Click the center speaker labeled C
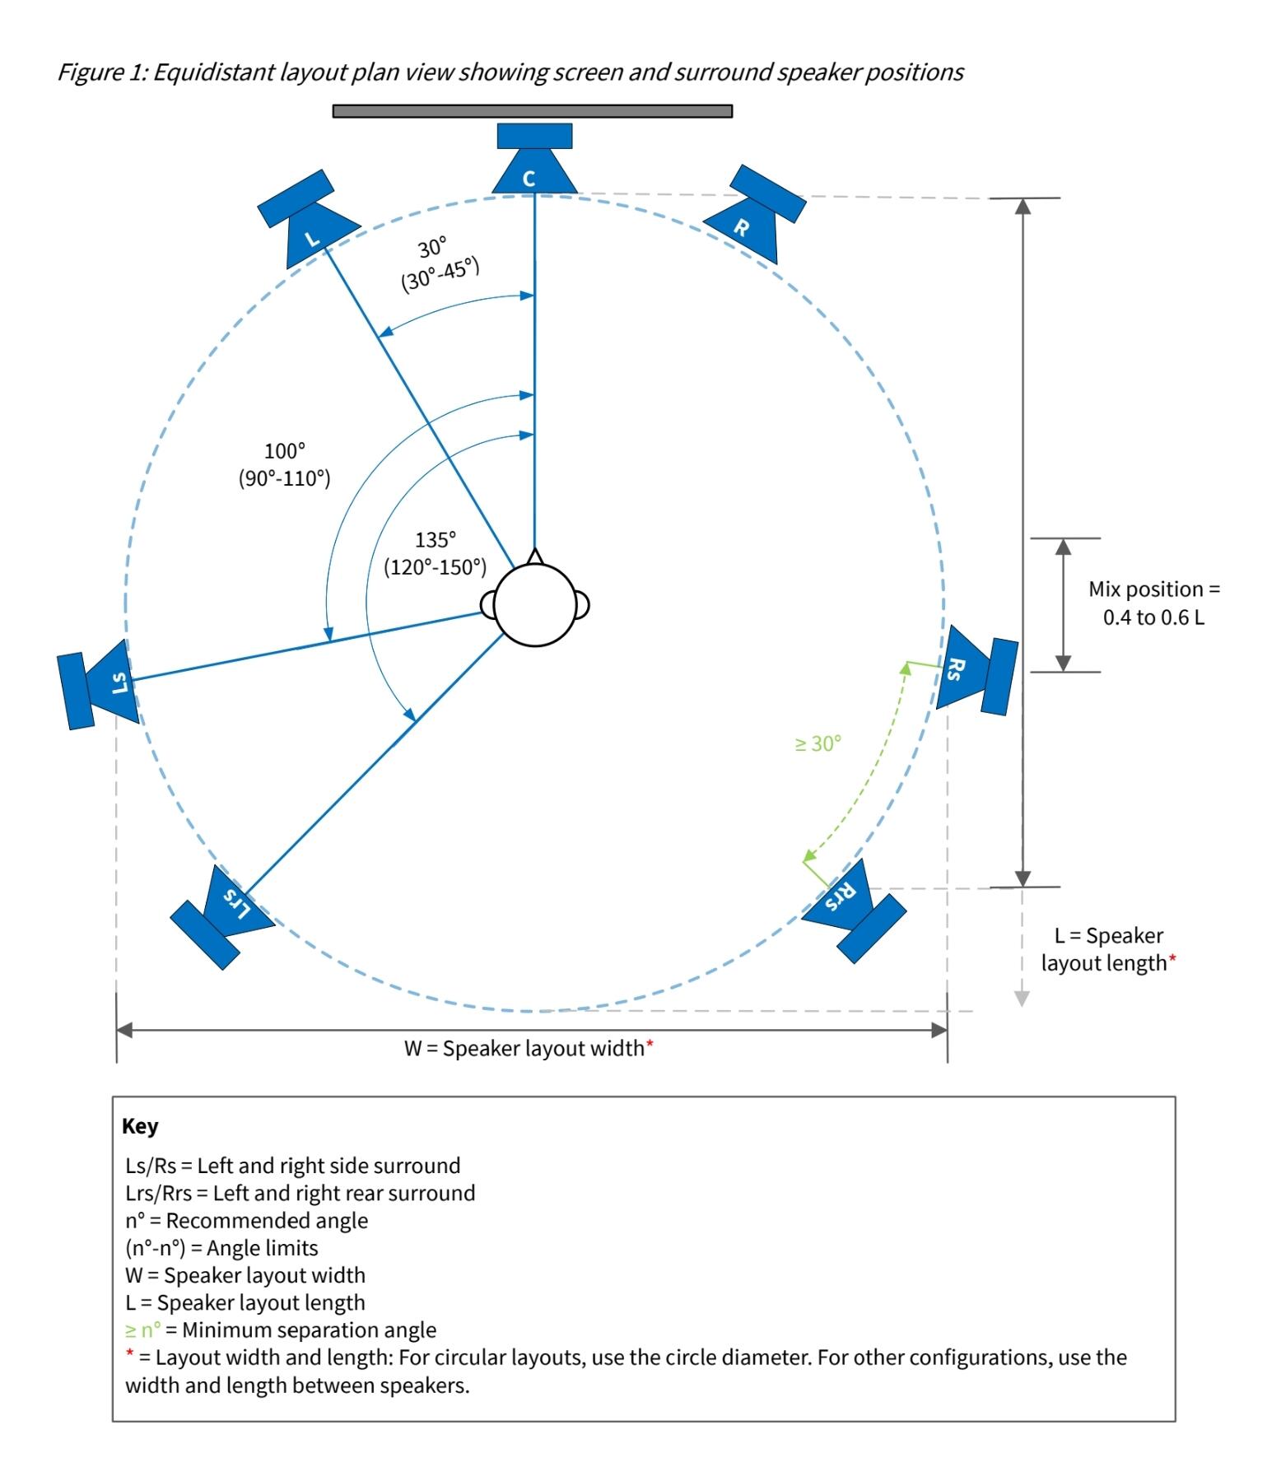534,165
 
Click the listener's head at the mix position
535,606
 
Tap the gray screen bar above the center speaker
533,111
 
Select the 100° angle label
284,451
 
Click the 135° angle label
435,540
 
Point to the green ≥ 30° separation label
817,744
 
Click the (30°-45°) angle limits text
440,274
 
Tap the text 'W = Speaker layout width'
524,1049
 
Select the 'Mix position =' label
1153,589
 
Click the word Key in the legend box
140,1126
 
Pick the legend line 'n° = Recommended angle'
246,1220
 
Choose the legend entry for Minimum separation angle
281,1330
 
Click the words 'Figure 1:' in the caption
102,72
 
